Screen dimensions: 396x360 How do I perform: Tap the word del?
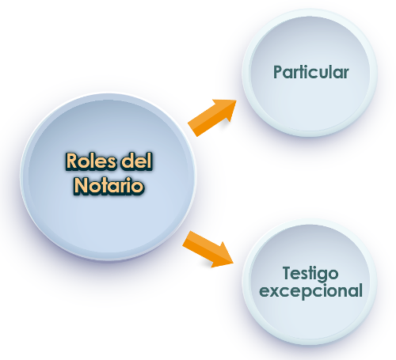(136, 161)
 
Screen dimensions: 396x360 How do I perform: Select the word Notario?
(109, 185)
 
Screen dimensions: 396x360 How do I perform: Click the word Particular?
(311, 72)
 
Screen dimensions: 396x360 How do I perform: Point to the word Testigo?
(310, 274)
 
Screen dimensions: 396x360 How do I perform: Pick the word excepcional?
(311, 291)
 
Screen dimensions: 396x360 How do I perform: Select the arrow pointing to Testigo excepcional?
(208, 249)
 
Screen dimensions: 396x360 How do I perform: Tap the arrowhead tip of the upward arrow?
(236, 100)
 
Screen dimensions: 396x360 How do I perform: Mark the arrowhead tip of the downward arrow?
(234, 263)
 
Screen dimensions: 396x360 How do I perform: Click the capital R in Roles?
(72, 161)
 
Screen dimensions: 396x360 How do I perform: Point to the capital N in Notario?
(81, 186)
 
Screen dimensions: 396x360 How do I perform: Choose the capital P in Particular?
(278, 72)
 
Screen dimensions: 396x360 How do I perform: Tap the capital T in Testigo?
(287, 273)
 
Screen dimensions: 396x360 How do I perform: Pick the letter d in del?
(126, 161)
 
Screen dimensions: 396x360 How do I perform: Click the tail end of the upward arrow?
(192, 130)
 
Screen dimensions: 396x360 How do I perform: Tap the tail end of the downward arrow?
(186, 238)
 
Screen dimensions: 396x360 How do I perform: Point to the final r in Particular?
(346, 74)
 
